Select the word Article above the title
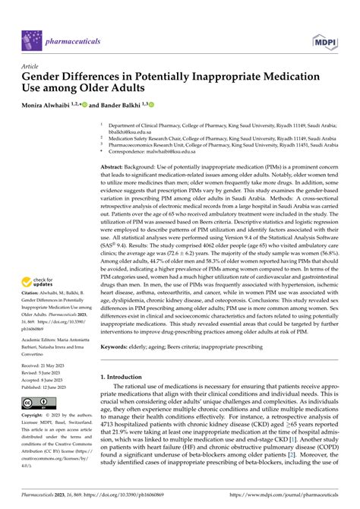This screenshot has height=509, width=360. pyautogui.click(x=32, y=66)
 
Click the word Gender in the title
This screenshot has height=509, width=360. pyautogui.click(x=49, y=77)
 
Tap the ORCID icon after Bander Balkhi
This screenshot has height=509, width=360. pyautogui.click(x=152, y=104)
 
